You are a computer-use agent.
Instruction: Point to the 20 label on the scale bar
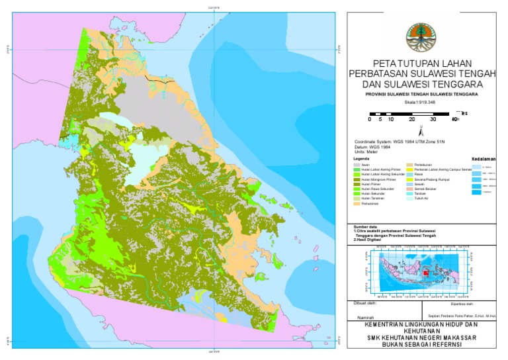click(411, 120)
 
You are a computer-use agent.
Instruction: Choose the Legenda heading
click(361, 159)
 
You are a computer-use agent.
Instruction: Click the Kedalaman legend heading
click(484, 159)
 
